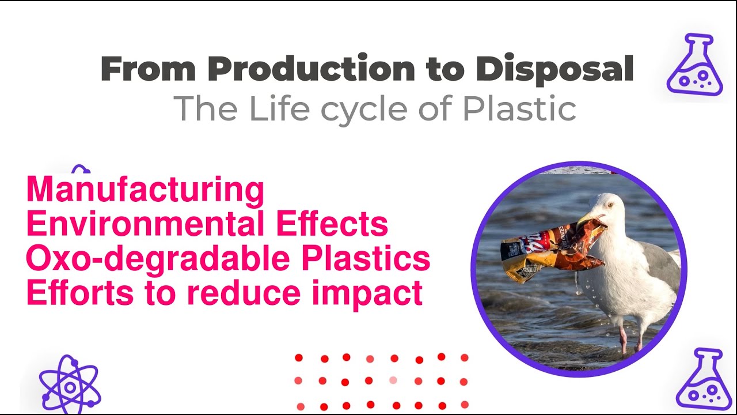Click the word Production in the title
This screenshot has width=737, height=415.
click(x=311, y=69)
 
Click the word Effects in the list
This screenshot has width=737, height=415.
click(x=340, y=225)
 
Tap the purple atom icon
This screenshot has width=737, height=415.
click(x=70, y=386)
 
